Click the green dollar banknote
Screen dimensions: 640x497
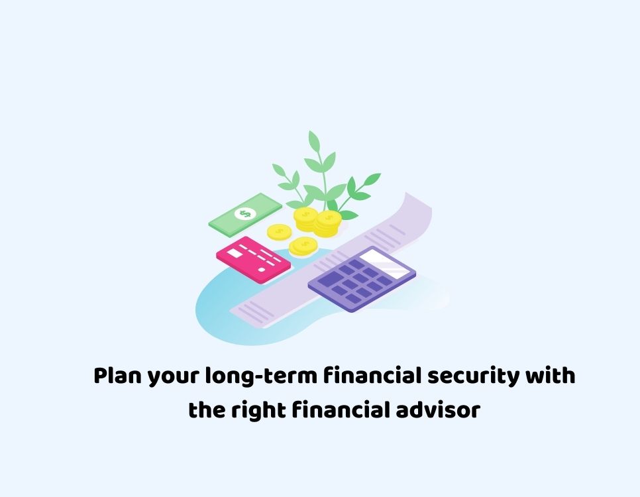(245, 215)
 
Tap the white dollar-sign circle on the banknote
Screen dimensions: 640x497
(245, 213)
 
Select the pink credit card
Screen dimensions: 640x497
(254, 260)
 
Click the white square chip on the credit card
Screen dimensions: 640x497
(235, 253)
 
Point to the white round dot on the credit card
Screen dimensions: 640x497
(262, 270)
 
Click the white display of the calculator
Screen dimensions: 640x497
(381, 263)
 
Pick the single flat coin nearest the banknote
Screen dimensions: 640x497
(280, 233)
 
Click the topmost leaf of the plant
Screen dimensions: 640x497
(313, 142)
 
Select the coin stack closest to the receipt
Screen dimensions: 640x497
(327, 223)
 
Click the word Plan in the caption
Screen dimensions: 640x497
(117, 376)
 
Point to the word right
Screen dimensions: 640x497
(258, 411)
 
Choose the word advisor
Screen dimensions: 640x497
(438, 410)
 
